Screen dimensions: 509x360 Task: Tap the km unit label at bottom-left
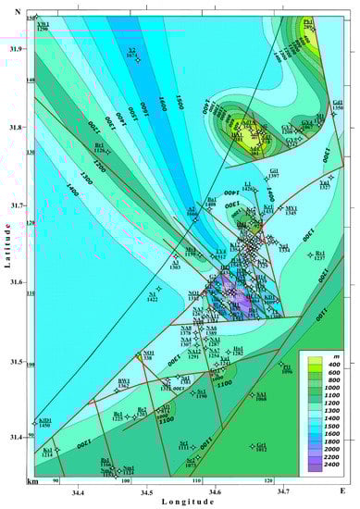point(33,482)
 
